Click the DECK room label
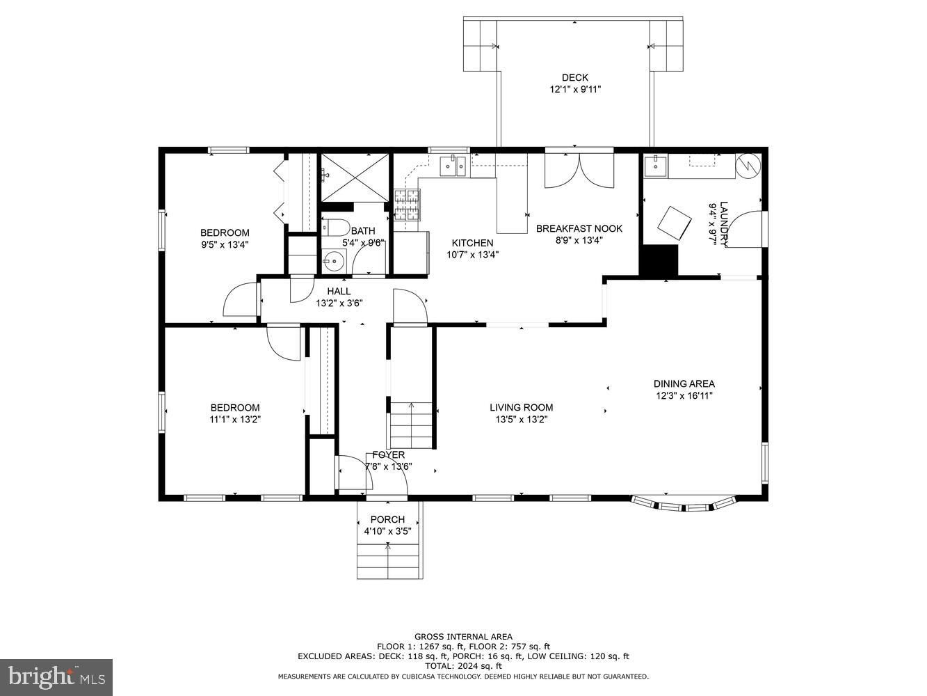[x=575, y=78]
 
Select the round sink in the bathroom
[x=334, y=260]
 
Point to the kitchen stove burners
[x=408, y=205]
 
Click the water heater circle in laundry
[x=748, y=165]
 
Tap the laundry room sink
[x=655, y=166]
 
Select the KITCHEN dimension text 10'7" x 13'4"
[x=473, y=255]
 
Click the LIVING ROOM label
[x=521, y=407]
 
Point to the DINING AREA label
[x=684, y=383]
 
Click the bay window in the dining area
[x=684, y=504]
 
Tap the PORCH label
[x=387, y=519]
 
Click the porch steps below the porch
[x=389, y=561]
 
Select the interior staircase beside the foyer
[x=411, y=425]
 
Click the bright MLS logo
[x=56, y=677]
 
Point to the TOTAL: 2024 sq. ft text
[x=463, y=666]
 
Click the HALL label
[x=339, y=291]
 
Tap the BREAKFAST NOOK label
[x=579, y=228]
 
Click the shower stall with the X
[x=355, y=177]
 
